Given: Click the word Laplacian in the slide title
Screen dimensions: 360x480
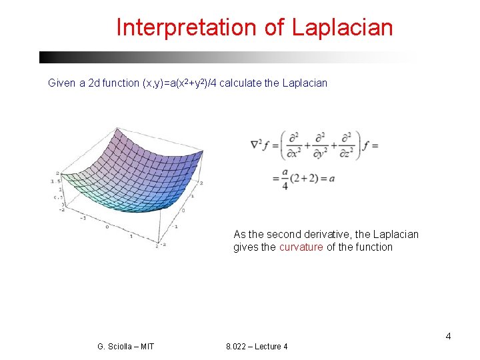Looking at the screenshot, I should [343, 28].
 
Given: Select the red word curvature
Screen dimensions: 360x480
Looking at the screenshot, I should [301, 247].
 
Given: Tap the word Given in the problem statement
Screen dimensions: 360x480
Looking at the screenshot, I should [62, 83].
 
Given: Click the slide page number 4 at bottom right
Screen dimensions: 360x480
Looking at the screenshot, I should [448, 336].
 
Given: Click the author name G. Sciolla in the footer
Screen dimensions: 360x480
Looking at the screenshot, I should [115, 347].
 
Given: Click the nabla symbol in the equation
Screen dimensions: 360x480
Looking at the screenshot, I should [257, 145].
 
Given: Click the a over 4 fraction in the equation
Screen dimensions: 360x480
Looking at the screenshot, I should [285, 179].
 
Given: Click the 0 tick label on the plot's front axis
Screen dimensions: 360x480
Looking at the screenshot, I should [107, 227].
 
